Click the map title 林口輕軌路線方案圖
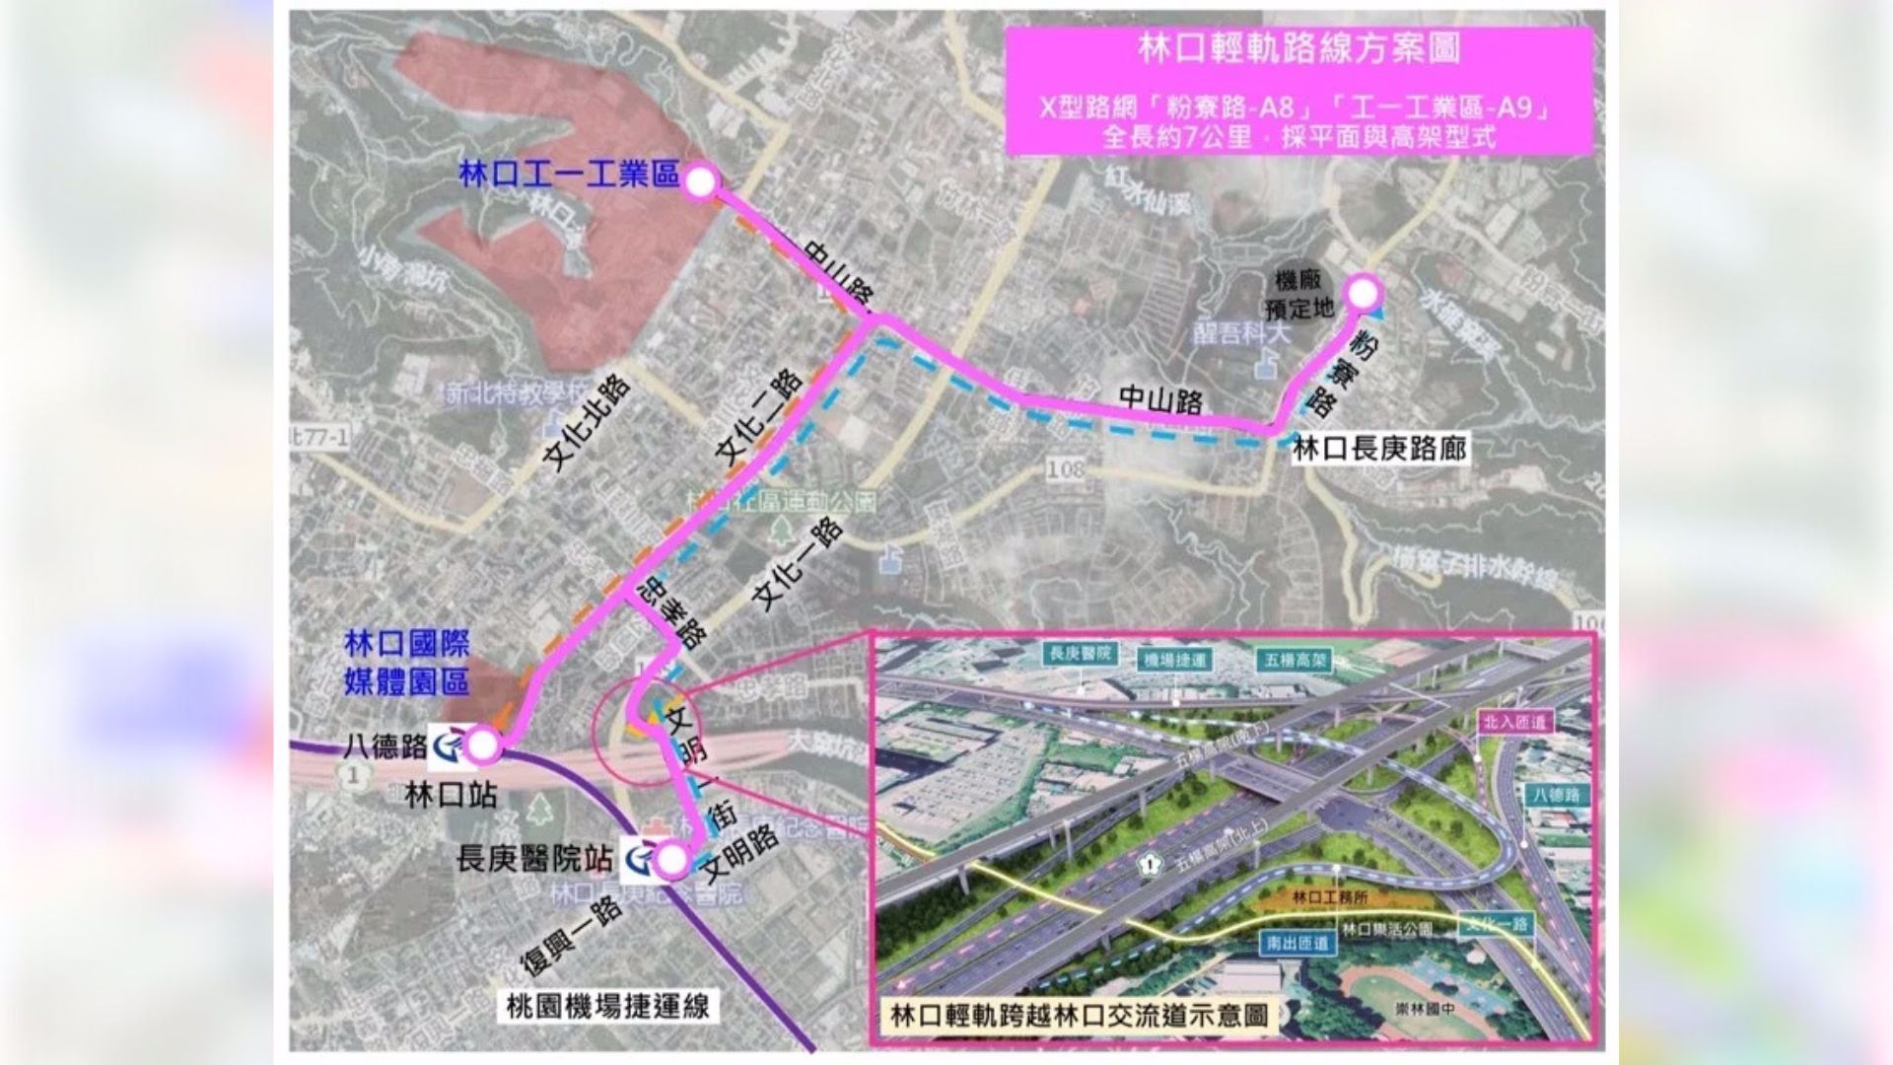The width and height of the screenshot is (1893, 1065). pyautogui.click(x=1298, y=49)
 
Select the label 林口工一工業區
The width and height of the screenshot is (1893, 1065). pyautogui.click(x=569, y=177)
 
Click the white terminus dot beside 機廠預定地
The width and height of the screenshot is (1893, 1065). pyautogui.click(x=1363, y=293)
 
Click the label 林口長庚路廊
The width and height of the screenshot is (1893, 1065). pyautogui.click(x=1379, y=450)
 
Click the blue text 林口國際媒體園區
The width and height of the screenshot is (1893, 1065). pyautogui.click(x=406, y=663)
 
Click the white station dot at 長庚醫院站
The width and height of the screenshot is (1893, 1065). pyautogui.click(x=672, y=861)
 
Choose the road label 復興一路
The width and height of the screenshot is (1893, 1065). pyautogui.click(x=571, y=936)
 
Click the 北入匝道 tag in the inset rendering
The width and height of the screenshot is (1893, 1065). pyautogui.click(x=1514, y=722)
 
